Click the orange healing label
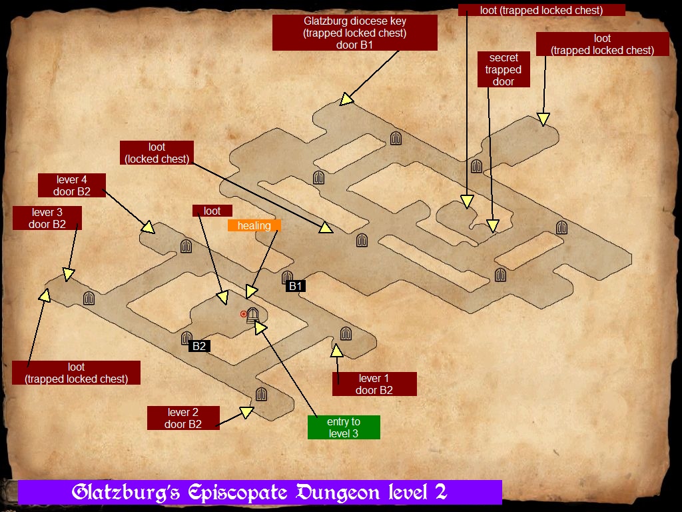[254, 225]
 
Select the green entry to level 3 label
[344, 427]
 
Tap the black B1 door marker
[296, 286]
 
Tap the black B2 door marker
[198, 346]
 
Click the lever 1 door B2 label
[374, 384]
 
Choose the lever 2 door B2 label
[183, 418]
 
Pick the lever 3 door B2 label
[47, 218]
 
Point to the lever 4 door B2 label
[73, 185]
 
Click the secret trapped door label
[504, 70]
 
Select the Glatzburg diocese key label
[355, 33]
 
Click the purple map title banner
[260, 493]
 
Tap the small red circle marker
[244, 313]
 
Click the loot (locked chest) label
[157, 153]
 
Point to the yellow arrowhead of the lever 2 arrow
[246, 413]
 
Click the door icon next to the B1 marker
[287, 277]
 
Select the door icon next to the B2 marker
[186, 339]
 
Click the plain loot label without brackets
[212, 211]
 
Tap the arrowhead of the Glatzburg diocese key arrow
[346, 99]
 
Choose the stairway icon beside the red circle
[252, 315]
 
